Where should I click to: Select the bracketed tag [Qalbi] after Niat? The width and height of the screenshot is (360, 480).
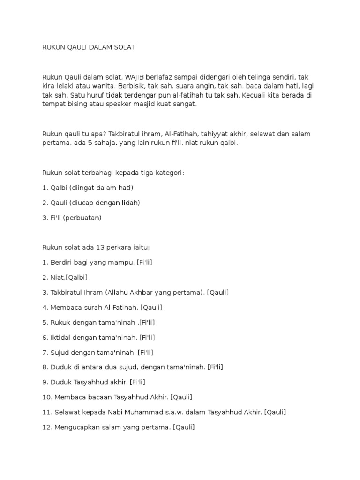(76, 277)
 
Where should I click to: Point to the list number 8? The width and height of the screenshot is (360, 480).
(45, 367)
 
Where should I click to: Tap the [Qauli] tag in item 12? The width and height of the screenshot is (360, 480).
(184, 427)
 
